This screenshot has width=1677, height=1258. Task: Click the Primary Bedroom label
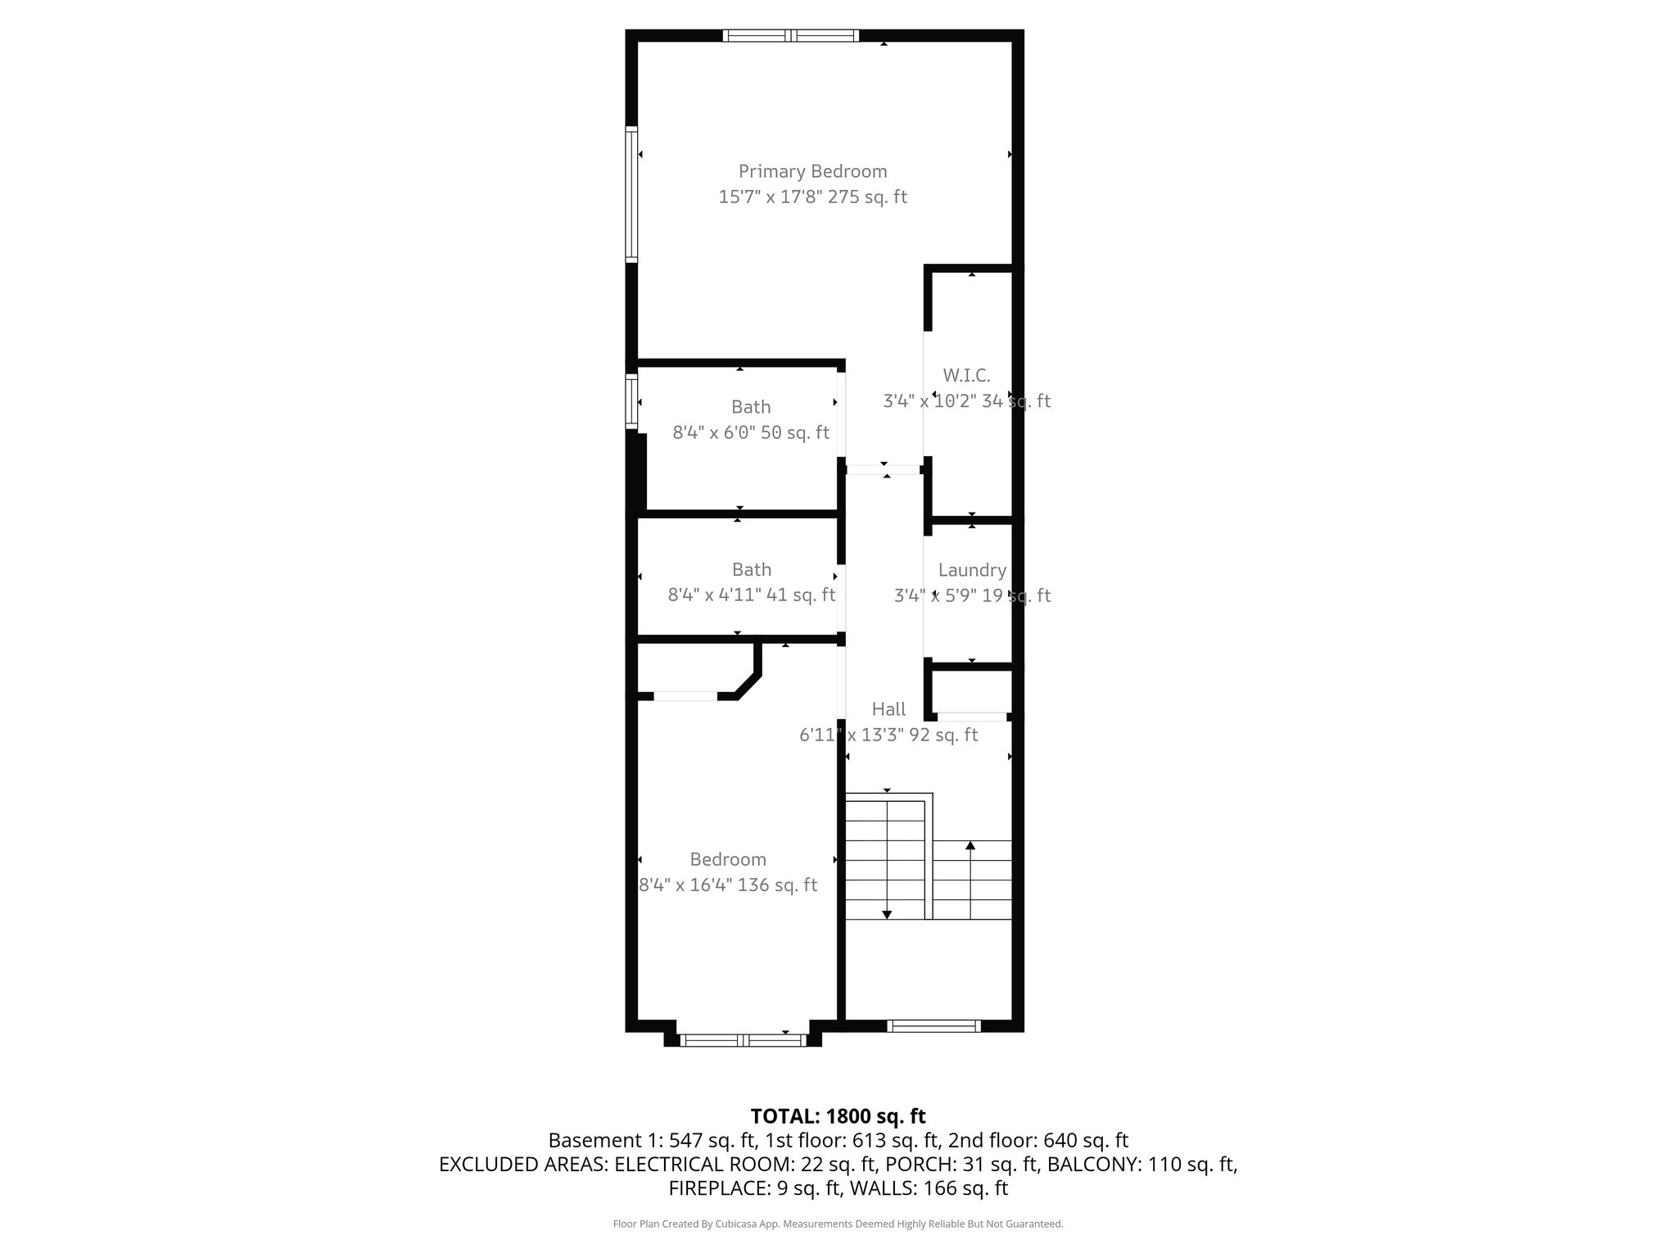point(812,171)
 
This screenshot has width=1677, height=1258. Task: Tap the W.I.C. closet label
point(966,376)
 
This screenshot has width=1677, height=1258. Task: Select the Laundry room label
point(972,570)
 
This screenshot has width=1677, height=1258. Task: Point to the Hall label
point(888,709)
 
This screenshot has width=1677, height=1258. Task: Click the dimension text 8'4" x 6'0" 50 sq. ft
point(751,432)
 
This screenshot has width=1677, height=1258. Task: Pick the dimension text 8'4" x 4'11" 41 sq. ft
point(751,595)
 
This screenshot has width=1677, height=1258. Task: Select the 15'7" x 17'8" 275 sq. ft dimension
point(812,197)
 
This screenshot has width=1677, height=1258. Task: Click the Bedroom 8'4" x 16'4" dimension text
point(727,885)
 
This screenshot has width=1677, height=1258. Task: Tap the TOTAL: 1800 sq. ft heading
point(838,1116)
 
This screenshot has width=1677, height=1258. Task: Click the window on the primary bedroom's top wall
point(791,35)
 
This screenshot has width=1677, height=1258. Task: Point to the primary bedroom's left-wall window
point(631,194)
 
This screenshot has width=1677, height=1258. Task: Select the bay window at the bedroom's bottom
point(744,1040)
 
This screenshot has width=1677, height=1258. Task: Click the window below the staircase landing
point(933,1025)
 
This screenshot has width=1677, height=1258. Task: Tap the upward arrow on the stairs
point(970,846)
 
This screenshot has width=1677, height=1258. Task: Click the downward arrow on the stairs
point(886,913)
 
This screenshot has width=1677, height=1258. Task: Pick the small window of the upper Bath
point(631,401)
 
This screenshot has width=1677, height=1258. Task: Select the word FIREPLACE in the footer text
point(714,1188)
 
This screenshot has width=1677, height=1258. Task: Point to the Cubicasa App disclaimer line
point(838,1224)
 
